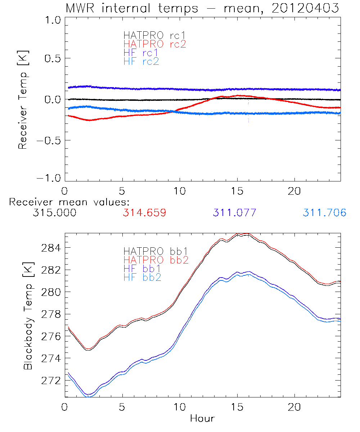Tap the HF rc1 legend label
(141, 53)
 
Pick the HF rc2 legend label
(141, 61)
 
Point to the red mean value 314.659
(144, 213)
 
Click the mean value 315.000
(54, 213)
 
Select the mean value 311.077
(234, 213)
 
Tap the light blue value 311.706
(324, 213)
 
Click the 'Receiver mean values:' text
(69, 202)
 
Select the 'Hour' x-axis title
(202, 418)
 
